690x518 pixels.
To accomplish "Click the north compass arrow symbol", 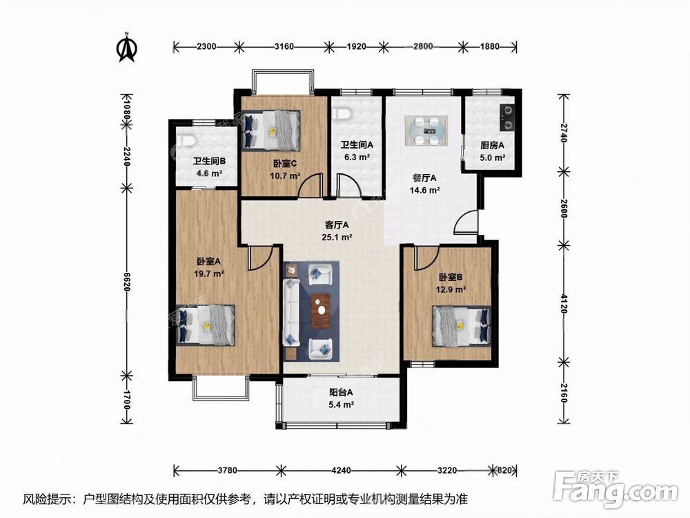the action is click(127, 48).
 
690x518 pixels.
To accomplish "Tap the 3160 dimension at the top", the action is click(284, 46).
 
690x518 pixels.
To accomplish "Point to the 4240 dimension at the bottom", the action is click(341, 470).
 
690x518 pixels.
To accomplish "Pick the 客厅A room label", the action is click(337, 224).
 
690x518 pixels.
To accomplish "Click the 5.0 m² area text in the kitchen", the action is click(493, 157).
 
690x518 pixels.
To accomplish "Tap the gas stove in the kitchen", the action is click(506, 117).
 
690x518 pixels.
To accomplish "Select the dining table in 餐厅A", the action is click(426, 131).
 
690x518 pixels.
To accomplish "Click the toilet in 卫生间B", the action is click(187, 142).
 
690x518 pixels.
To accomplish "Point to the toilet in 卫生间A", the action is click(343, 114).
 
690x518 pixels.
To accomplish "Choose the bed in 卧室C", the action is click(271, 130).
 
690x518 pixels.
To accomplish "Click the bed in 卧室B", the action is click(461, 326).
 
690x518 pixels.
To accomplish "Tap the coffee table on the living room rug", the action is click(321, 311).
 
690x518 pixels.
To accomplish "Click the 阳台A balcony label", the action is click(341, 392).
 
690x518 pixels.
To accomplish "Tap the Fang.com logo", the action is click(615, 490).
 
